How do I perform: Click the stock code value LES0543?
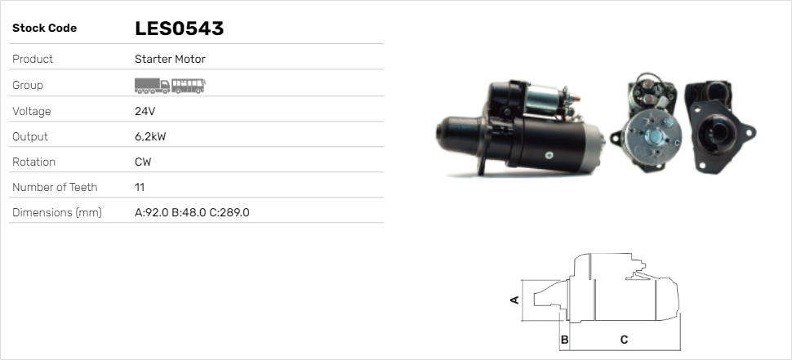(179, 29)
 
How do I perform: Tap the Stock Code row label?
(44, 29)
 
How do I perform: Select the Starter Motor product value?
(170, 59)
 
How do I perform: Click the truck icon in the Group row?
(152, 85)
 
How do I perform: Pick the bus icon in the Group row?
(189, 85)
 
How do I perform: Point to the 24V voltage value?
(145, 111)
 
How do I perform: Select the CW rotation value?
(143, 162)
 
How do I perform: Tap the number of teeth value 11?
(140, 187)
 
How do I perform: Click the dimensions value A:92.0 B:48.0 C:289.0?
(192, 212)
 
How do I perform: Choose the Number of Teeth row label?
(55, 187)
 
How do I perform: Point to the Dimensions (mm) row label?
(56, 212)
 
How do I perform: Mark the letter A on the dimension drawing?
(514, 300)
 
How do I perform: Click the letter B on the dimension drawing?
(564, 340)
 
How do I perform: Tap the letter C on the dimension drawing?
(624, 340)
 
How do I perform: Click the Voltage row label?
(32, 111)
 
